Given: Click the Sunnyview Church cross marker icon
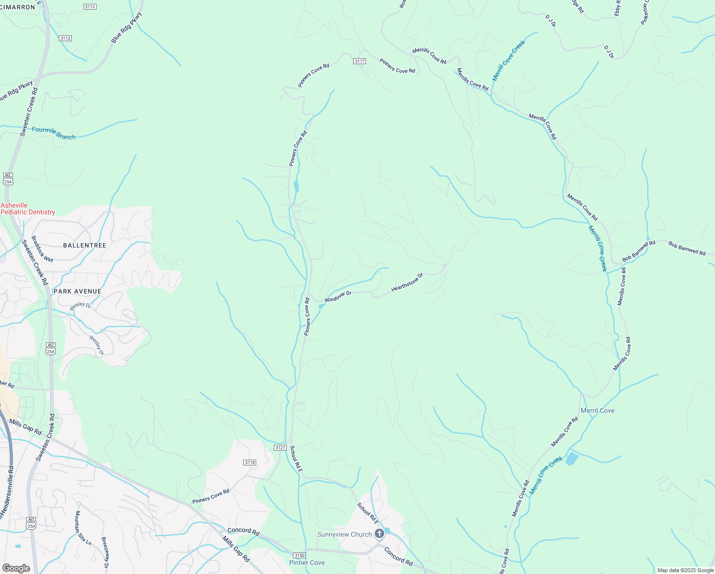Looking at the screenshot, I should (379, 533).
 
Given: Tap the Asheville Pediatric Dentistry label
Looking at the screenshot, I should (28, 209).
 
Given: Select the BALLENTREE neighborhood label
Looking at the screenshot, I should (85, 245).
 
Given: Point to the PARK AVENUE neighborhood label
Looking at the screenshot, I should (77, 291).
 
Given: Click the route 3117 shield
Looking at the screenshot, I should (360, 61).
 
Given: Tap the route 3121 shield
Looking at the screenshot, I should (280, 448).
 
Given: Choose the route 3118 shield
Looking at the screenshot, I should (249, 463).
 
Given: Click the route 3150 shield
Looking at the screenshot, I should (299, 555).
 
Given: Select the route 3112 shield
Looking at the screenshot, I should (65, 38).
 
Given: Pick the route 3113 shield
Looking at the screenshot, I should (89, 7).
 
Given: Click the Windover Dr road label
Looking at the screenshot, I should (338, 297).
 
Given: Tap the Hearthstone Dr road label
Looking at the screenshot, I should (407, 282).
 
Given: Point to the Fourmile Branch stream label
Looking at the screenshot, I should (54, 133).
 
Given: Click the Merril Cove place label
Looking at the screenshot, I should (597, 410).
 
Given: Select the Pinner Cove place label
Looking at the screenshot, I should (307, 563).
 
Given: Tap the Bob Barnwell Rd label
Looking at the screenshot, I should (687, 249).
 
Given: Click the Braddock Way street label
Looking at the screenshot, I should (42, 249).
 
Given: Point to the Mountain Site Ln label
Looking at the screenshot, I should (83, 528).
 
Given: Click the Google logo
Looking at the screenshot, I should (16, 568).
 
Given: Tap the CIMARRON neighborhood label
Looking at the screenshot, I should (18, 7).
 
